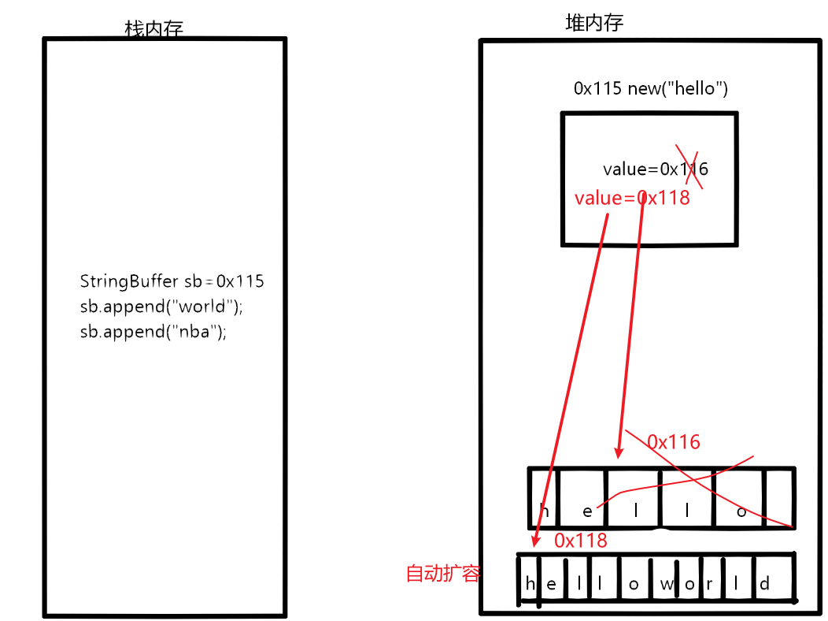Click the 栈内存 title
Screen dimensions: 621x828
point(154,29)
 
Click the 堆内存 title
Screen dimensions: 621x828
point(594,23)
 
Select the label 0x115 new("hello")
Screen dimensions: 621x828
point(650,88)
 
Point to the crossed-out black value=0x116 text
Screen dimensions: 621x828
point(655,169)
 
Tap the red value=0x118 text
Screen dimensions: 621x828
point(632,198)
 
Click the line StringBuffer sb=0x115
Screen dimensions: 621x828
point(172,281)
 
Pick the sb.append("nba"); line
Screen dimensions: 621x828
point(153,332)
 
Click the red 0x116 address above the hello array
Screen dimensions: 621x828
point(674,442)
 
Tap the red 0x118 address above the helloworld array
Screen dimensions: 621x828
point(581,540)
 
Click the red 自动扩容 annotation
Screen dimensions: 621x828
point(442,573)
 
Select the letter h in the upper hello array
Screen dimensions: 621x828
point(544,510)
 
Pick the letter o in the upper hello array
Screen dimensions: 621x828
point(740,510)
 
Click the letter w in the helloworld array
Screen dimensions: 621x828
point(667,585)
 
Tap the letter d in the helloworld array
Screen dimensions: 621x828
point(764,585)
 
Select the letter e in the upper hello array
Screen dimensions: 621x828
point(587,511)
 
